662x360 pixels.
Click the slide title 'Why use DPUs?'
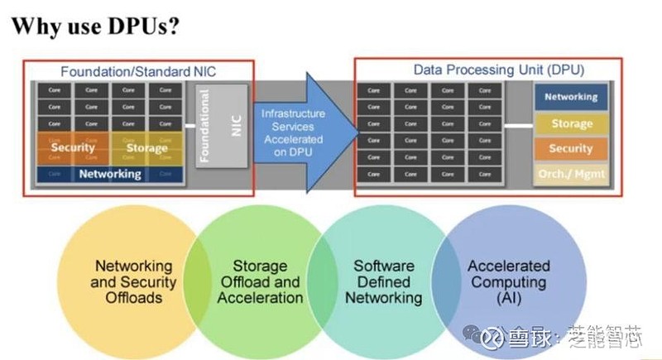pos(95,26)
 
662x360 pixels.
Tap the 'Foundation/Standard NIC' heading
pos(138,72)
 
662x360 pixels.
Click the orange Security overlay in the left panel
pos(73,148)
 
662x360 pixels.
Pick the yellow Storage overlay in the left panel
pos(147,148)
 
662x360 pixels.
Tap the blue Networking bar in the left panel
pos(109,175)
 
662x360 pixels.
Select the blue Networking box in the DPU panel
pos(571,97)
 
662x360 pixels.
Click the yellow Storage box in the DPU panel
pos(571,123)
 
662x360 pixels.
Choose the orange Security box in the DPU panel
pos(571,149)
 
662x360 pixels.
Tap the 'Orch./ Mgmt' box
pos(571,175)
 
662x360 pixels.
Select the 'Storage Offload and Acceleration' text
pos(260,282)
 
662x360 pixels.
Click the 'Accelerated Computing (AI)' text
pos(508,282)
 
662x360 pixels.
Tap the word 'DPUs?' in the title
pos(143,26)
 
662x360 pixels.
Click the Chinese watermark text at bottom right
pos(571,338)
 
